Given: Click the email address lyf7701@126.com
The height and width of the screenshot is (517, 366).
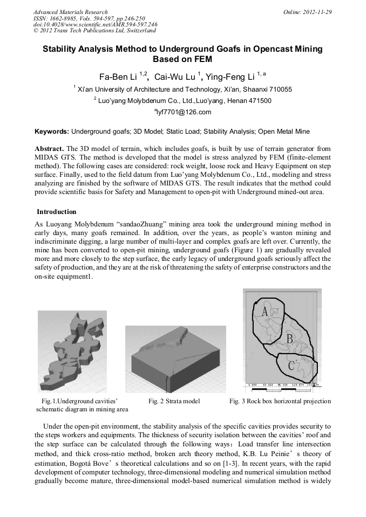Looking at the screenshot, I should click(x=184, y=112).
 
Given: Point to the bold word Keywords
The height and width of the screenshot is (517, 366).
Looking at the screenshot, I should click(x=51, y=131).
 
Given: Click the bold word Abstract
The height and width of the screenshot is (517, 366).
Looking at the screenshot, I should click(x=49, y=148).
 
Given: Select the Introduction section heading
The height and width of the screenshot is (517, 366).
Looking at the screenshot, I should click(x=57, y=212).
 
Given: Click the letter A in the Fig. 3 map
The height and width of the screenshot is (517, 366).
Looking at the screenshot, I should click(x=265, y=312).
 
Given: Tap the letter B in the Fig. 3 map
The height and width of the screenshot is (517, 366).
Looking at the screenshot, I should click(x=289, y=339).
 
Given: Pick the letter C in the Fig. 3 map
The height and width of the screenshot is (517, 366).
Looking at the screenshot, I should click(x=291, y=365).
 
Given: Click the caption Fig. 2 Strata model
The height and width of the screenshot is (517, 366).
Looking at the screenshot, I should click(x=174, y=401).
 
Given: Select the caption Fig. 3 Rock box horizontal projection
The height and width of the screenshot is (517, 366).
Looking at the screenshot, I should click(x=280, y=401).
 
